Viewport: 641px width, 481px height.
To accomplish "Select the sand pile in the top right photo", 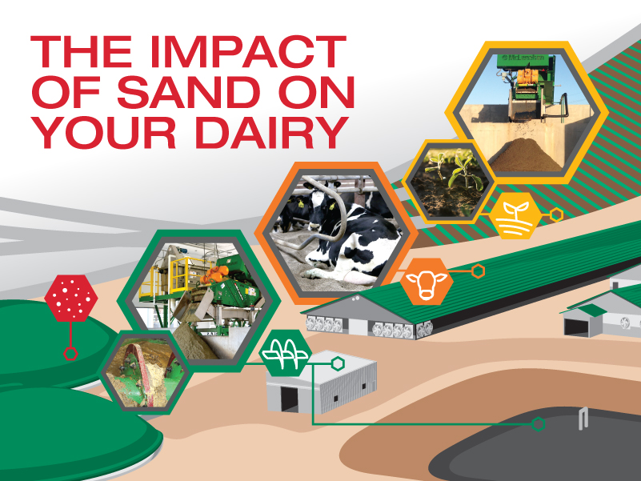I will coord(524,156).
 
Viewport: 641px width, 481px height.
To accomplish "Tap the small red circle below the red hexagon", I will coord(70,353).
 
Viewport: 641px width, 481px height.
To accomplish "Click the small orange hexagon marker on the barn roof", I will coord(478,271).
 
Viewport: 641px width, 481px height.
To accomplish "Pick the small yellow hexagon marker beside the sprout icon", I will coord(556,214).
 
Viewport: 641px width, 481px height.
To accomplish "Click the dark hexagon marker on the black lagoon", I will coord(538,423).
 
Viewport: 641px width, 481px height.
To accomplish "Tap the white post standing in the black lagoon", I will coord(583,419).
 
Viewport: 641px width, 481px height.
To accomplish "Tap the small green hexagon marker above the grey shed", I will coord(338,363).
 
